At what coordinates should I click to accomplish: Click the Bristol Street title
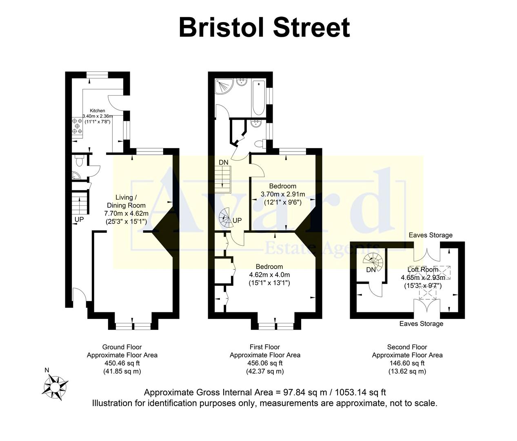click(264, 27)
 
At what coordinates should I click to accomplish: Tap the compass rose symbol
click(55, 386)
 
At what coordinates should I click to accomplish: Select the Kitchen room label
click(98, 111)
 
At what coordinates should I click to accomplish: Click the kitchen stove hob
click(77, 126)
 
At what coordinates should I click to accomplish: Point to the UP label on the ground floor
click(79, 220)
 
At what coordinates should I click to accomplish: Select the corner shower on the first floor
click(224, 86)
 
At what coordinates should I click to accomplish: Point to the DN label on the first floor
click(224, 163)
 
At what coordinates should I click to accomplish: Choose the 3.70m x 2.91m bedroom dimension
click(283, 194)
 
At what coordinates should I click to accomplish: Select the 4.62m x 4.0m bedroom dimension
click(269, 275)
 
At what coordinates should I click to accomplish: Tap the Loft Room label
click(423, 269)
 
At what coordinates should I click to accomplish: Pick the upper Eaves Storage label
click(430, 235)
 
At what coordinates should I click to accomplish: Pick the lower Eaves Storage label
click(421, 324)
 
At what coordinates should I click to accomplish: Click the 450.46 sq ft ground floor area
click(122, 363)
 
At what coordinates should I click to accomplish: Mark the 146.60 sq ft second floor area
click(407, 363)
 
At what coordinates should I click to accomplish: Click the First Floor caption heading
click(265, 347)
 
